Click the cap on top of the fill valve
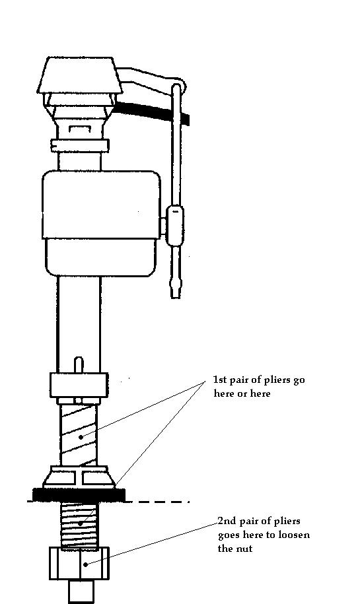point(80,75)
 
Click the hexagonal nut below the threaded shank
point(79,563)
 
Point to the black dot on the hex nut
point(86,564)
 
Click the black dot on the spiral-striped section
point(81,437)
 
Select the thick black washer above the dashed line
point(79,494)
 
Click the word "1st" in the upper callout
point(220,380)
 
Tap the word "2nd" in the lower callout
point(227,521)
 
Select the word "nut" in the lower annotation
point(244,549)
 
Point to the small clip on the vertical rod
point(175,226)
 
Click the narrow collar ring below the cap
point(80,146)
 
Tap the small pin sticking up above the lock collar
point(78,365)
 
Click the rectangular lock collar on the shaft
point(79,385)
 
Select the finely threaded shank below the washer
point(79,524)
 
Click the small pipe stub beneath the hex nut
point(81,591)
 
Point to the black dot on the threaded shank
point(80,523)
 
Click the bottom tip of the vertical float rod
point(175,297)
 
